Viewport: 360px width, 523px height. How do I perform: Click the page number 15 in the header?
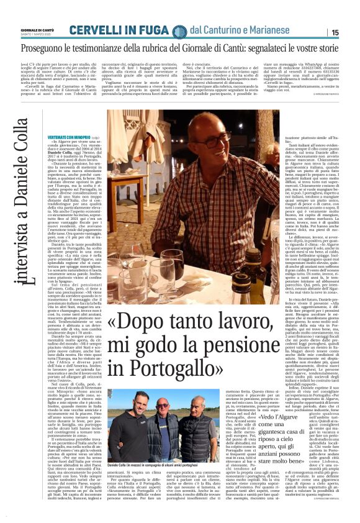pyautogui.click(x=352, y=32)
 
